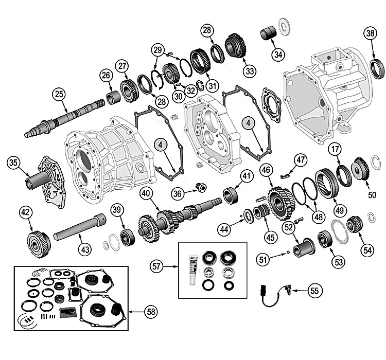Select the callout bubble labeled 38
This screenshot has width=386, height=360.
click(370, 33)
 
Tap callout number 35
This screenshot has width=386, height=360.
click(14, 164)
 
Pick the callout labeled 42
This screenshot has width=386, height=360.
click(25, 212)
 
